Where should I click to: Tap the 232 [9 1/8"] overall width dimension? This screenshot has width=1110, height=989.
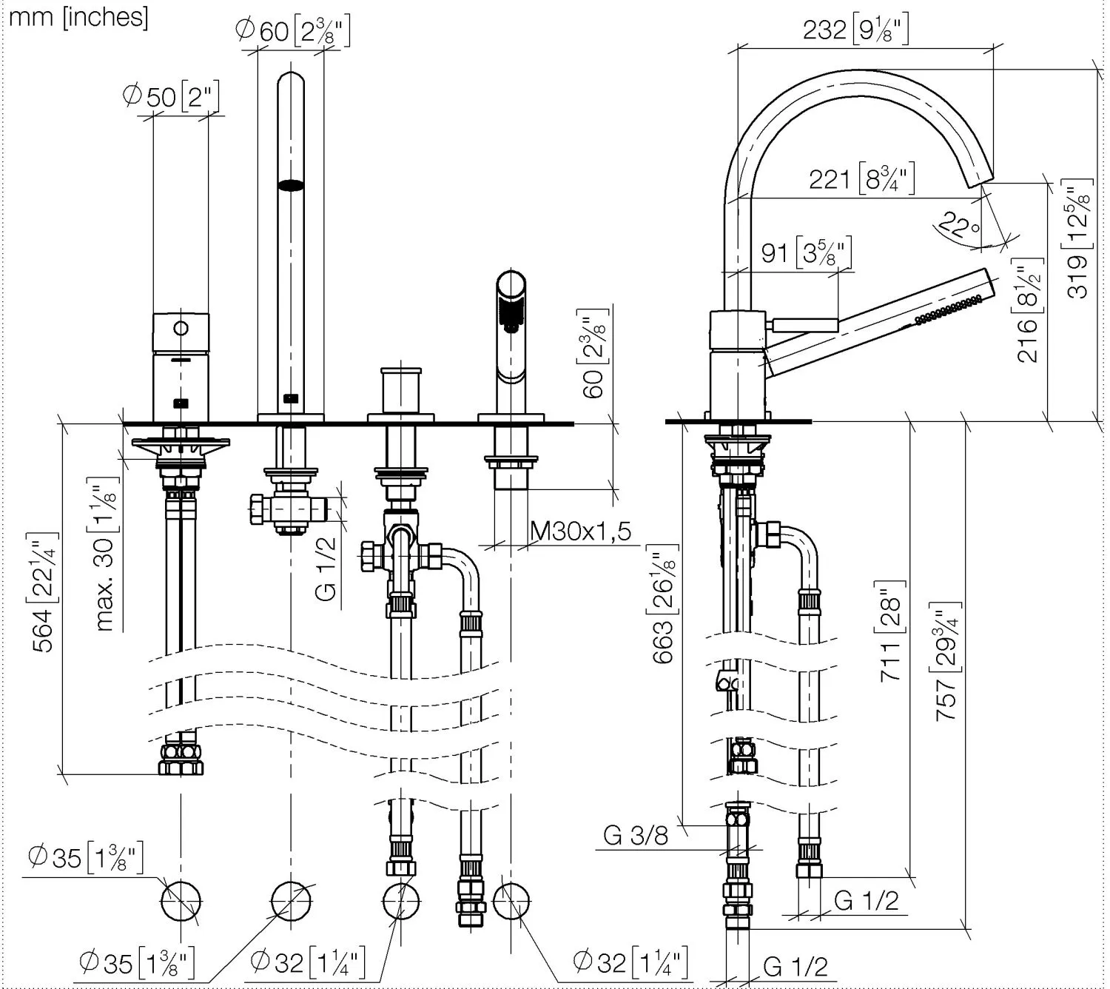[x=855, y=30]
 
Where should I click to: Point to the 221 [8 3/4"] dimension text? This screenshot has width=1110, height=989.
[x=862, y=178]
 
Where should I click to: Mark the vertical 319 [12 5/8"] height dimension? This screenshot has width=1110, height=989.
[x=1080, y=238]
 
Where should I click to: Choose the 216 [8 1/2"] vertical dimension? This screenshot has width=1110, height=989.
[x=1029, y=315]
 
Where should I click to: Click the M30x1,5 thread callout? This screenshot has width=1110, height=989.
[x=581, y=531]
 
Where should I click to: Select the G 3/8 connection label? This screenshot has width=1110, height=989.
[x=636, y=835]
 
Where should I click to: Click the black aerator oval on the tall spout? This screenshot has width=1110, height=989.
[x=291, y=186]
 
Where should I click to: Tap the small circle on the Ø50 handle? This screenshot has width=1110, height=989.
[x=181, y=328]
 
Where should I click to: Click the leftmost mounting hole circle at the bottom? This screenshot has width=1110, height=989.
[x=181, y=901]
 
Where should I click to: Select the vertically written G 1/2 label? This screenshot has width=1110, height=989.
[x=327, y=568]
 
